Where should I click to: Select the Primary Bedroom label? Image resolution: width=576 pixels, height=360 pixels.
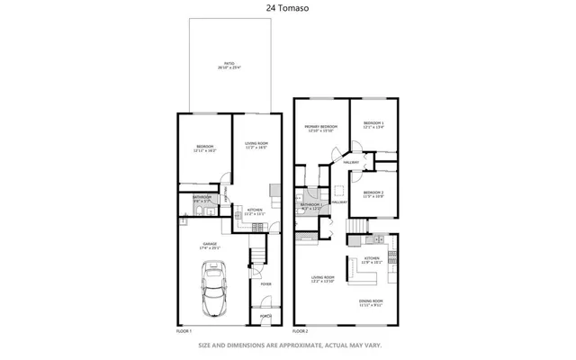pos(320,129)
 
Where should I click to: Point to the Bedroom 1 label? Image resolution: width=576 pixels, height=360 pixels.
pos(373,125)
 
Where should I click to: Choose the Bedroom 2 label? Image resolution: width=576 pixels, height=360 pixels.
pos(373,194)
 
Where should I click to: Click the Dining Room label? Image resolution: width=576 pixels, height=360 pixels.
pos(371,302)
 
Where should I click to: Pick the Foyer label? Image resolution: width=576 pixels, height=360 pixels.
pos(266,284)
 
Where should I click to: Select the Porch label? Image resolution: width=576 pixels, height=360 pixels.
pos(266,316)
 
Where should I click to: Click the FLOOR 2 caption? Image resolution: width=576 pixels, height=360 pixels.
pos(302,331)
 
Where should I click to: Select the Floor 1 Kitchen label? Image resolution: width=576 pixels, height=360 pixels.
pos(255,211)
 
